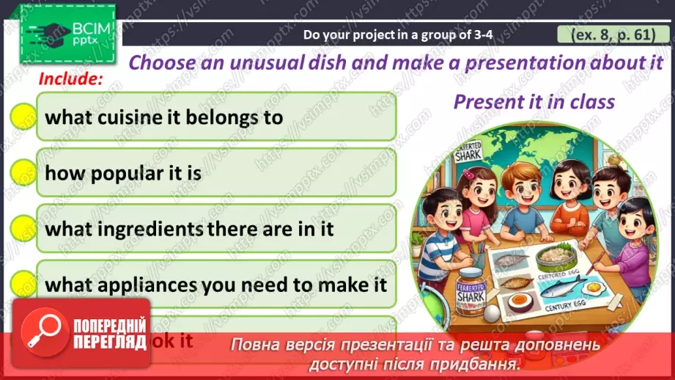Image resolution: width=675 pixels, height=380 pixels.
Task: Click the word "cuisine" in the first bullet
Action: click(x=127, y=117)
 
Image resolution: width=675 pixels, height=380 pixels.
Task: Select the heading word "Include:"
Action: click(x=70, y=78)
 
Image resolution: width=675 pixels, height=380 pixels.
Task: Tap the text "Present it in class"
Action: click(x=534, y=101)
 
